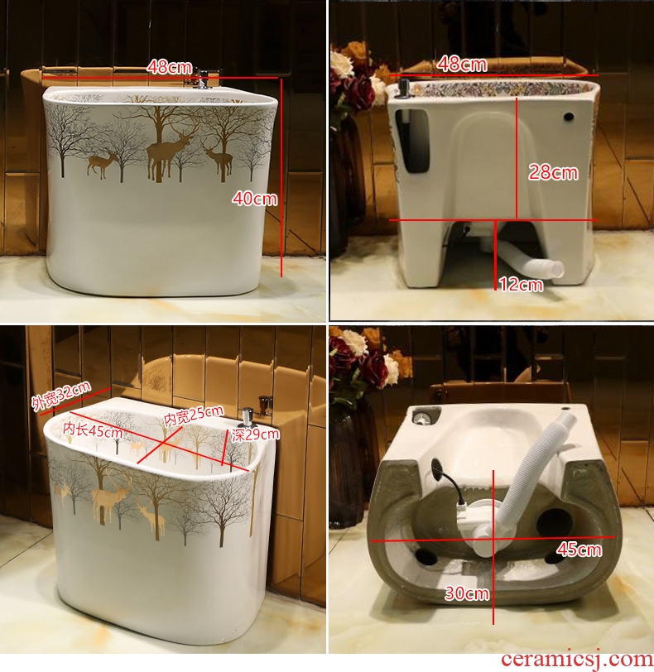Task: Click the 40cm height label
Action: (255, 199)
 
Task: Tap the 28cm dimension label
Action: (553, 172)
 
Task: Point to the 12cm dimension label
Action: (521, 284)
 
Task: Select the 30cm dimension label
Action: (467, 593)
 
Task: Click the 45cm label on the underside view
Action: (579, 549)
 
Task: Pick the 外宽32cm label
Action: (61, 396)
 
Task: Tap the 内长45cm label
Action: (93, 430)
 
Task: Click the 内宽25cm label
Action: (194, 415)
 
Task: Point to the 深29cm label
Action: (256, 434)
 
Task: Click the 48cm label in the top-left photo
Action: (169, 67)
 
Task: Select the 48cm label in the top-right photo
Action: (462, 65)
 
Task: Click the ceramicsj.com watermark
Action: (577, 660)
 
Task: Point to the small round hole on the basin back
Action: (569, 116)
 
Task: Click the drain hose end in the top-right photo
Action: (555, 269)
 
